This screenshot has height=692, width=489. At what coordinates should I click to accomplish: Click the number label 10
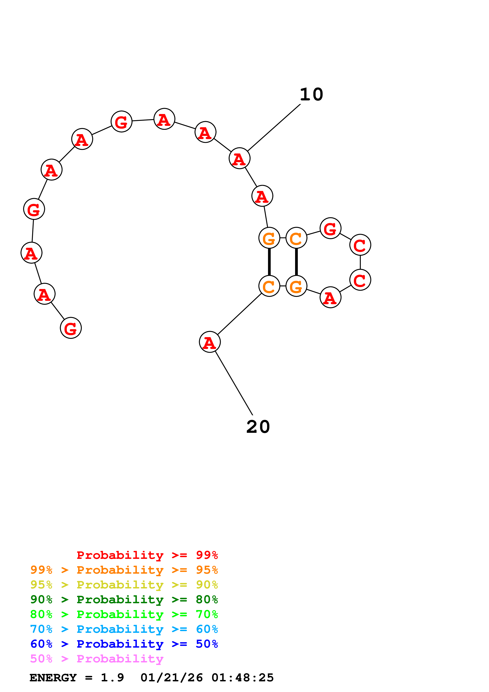coord(311,95)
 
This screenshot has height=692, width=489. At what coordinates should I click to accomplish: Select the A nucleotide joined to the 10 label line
coord(239,158)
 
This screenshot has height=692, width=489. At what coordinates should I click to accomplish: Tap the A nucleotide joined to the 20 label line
coord(210,342)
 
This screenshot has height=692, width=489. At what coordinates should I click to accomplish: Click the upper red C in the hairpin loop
coord(360,245)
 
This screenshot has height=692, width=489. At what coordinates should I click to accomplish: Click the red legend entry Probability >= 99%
coord(147,555)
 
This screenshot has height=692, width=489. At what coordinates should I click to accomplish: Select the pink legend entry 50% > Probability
coord(97,659)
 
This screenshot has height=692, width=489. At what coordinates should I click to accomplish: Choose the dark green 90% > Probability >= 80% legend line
coord(124,599)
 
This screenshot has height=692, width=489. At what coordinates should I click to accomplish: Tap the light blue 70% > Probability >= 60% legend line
coord(124,629)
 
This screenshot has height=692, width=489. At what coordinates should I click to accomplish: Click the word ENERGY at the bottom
coord(53,678)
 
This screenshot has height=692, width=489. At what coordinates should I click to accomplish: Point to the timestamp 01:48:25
coord(243,678)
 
